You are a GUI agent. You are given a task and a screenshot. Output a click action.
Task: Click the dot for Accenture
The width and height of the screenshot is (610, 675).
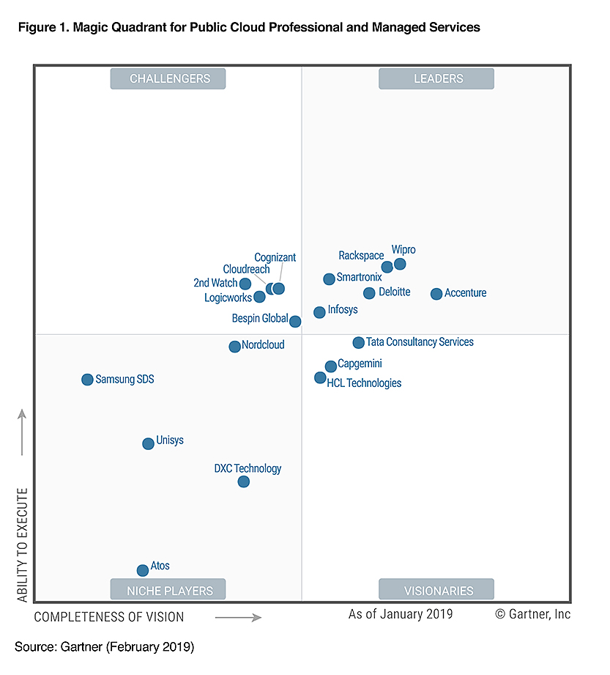[436, 294]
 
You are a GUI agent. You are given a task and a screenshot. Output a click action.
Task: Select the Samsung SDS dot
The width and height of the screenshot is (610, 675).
[87, 380]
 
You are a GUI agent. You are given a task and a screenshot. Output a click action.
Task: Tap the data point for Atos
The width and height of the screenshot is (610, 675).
[143, 570]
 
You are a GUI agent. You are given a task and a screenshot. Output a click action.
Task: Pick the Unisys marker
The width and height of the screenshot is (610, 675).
[148, 443]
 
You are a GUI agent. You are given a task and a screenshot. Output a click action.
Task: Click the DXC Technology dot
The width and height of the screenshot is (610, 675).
[244, 482]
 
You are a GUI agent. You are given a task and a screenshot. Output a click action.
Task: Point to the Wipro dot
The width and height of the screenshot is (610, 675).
[400, 264]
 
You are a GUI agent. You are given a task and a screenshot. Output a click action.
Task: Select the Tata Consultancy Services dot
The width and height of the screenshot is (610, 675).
[358, 342]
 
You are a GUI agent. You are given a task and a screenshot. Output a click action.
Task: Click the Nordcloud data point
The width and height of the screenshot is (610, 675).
[234, 347]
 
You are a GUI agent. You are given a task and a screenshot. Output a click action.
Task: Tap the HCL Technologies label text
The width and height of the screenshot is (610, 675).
[364, 383]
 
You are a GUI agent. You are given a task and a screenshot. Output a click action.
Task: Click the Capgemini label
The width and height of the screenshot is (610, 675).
[360, 364]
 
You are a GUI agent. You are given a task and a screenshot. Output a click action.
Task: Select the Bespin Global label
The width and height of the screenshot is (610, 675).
[259, 319]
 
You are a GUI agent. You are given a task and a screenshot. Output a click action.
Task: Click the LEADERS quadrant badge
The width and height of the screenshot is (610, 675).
[436, 79]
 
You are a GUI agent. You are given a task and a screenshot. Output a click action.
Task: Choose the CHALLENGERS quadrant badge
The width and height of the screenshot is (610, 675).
[168, 79]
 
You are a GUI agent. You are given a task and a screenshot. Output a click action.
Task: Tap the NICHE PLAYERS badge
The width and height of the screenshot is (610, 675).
[168, 590]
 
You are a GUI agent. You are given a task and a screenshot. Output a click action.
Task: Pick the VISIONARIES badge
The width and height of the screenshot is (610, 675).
[436, 590]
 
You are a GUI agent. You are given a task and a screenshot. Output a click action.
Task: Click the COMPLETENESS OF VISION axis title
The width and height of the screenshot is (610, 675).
[109, 617]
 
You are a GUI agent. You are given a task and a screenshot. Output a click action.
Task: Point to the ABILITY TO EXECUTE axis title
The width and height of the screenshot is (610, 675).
[22, 546]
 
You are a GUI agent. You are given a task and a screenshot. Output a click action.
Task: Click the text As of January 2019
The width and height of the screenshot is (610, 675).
[400, 614]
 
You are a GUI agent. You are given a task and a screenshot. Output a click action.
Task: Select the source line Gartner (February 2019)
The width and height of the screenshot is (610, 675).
[104, 647]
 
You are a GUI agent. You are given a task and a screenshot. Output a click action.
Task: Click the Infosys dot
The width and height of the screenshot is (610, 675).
[319, 312]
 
